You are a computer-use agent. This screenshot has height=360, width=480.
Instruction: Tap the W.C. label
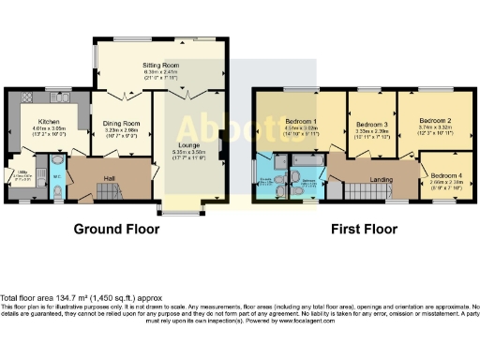point(56,174)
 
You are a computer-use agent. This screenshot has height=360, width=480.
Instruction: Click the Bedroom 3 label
point(372,126)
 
